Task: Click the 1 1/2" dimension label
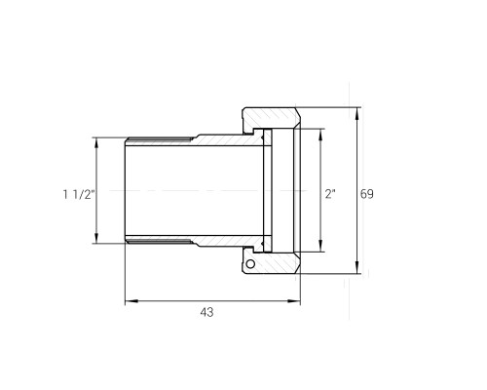[x=79, y=194]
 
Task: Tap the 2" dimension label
[x=330, y=194]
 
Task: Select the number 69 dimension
[x=367, y=194]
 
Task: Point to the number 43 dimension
[x=206, y=312]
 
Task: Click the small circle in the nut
[x=250, y=264]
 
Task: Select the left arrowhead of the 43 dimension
[x=131, y=301]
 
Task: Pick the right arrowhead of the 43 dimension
[x=294, y=301]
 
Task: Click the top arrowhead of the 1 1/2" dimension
[x=96, y=144]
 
